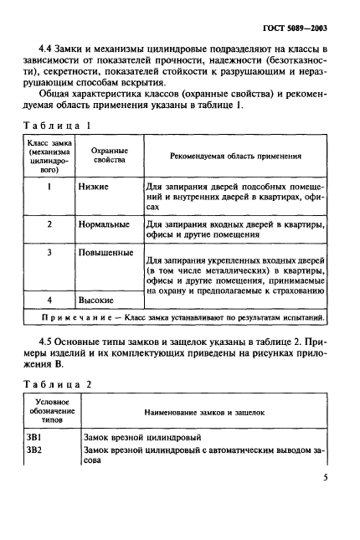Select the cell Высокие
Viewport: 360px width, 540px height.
(x=100, y=299)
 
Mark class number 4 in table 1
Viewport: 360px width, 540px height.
(x=49, y=299)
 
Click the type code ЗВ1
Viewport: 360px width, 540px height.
(x=38, y=437)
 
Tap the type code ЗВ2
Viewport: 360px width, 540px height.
(x=38, y=452)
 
